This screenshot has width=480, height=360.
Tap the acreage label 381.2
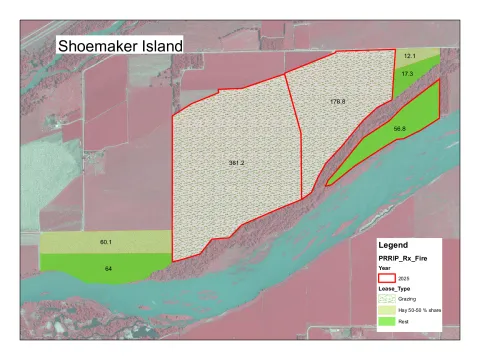236,162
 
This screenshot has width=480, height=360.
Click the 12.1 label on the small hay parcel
410,56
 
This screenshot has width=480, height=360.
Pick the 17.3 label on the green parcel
408,74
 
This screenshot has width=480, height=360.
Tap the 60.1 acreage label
105,242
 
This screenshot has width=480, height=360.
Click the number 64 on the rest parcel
106,268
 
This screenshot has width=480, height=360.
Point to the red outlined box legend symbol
388,278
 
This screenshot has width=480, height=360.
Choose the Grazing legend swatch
388,299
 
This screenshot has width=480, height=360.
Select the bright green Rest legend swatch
388,322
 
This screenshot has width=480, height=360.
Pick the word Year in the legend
383,268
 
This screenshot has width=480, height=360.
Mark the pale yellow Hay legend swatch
388,311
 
